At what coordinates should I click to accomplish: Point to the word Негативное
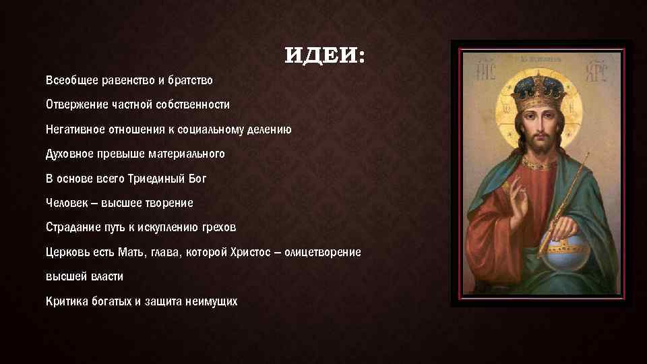pos(73,129)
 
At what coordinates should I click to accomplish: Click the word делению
pos(270,129)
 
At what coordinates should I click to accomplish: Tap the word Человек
pos(66,203)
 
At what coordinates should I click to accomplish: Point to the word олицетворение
pos(322,252)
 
